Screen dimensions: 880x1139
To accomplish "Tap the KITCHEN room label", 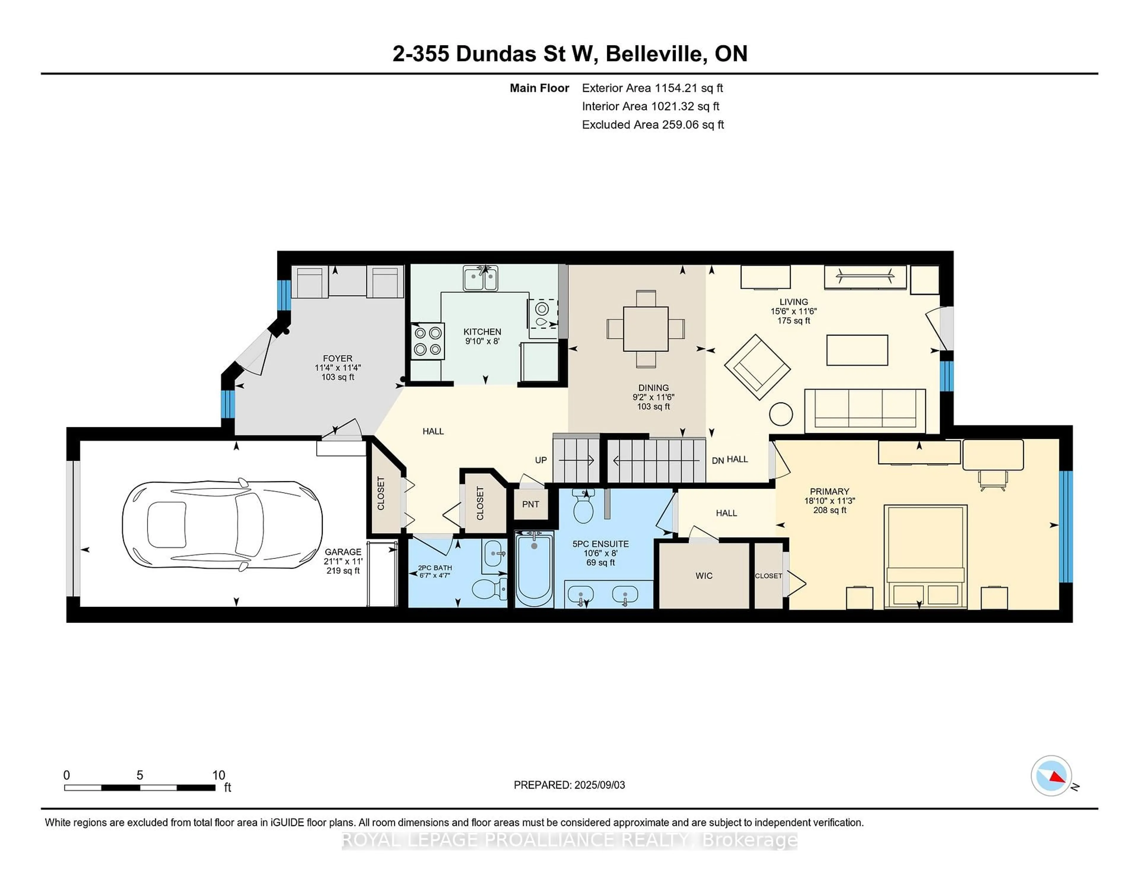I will tap(482, 331).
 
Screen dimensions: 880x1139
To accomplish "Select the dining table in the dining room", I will tap(646, 329).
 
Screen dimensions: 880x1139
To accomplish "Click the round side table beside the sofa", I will tap(781, 415).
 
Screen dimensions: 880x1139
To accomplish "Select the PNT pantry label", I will tap(530, 504).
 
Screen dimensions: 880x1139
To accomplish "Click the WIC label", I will tap(704, 575).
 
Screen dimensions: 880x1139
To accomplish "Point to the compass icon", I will tap(1051, 775).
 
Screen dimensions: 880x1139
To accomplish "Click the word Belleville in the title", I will tap(654, 54).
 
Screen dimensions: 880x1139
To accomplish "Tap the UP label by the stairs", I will tap(540, 460).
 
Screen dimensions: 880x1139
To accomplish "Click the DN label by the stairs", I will tap(718, 460).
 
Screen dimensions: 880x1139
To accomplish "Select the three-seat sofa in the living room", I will tap(865, 410).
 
